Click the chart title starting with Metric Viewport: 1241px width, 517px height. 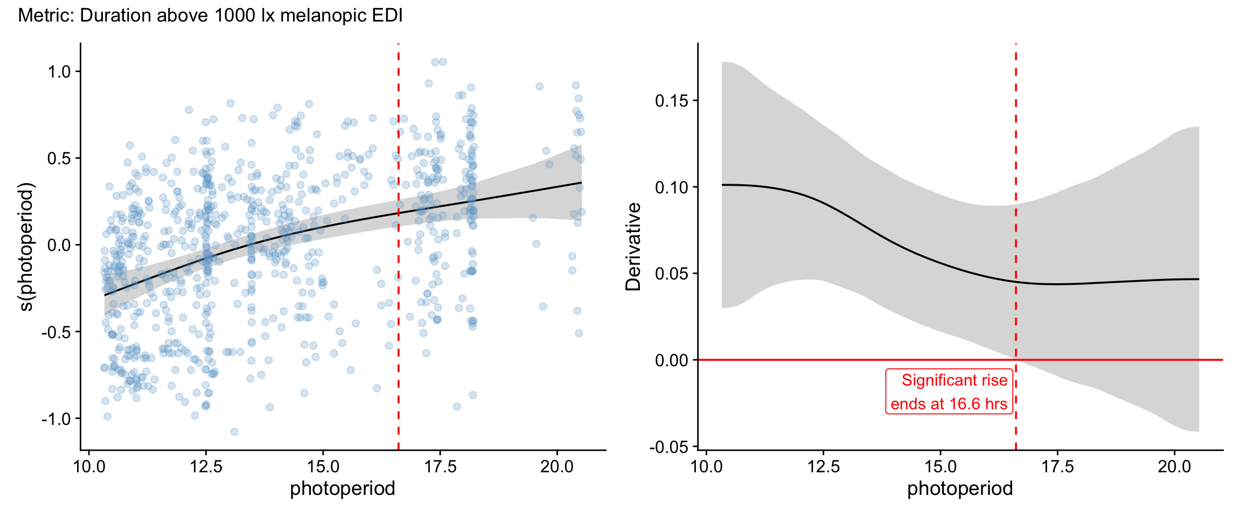tap(210, 16)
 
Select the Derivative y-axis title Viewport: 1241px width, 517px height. tap(633, 247)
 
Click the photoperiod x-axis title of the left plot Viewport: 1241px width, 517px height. tap(343, 488)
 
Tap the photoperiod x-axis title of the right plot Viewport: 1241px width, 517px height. tap(960, 488)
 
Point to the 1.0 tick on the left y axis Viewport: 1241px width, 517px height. tap(59, 72)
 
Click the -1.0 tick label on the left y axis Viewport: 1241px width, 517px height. tap(56, 419)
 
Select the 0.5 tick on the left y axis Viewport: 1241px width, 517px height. tap(59, 158)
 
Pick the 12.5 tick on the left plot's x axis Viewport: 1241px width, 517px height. tap(206, 466)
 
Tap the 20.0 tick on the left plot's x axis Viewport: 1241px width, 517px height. tap(557, 466)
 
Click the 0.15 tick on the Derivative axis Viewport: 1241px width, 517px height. tap(672, 101)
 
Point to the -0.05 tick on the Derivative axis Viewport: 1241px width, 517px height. tap(669, 447)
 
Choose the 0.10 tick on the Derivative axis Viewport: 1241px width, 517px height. tap(672, 187)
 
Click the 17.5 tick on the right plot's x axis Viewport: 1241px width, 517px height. tap(1057, 466)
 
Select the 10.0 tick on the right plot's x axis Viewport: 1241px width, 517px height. tap(706, 466)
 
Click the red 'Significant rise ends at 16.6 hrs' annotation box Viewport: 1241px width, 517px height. tap(949, 392)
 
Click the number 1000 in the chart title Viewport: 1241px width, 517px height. tap(235, 16)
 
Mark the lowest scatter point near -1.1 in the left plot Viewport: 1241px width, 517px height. tap(234, 432)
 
